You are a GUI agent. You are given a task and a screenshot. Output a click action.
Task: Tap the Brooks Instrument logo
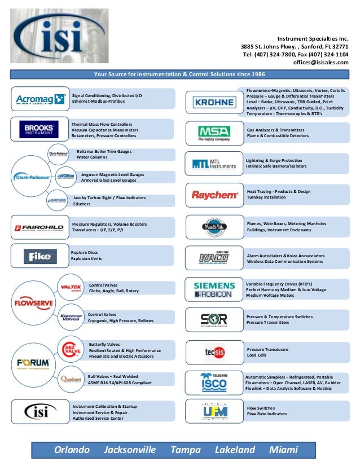[x=38, y=129]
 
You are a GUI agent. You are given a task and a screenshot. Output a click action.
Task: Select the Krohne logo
[x=214, y=102]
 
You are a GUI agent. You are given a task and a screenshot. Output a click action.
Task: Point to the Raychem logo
[x=214, y=195]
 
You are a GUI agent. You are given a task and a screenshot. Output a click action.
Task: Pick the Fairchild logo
[x=38, y=228]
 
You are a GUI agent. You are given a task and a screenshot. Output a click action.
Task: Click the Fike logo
[x=39, y=257]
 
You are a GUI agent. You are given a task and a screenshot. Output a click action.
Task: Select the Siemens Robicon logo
[x=214, y=289]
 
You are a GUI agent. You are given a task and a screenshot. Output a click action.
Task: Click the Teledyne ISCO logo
[x=214, y=382]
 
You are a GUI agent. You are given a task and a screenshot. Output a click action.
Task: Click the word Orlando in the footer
[x=72, y=450]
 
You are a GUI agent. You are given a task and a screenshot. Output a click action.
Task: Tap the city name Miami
[x=284, y=450]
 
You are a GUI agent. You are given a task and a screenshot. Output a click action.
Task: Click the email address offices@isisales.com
[x=321, y=63]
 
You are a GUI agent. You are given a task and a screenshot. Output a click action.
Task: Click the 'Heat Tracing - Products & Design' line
[x=278, y=191]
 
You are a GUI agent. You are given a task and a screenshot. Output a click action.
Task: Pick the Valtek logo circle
[x=71, y=287]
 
